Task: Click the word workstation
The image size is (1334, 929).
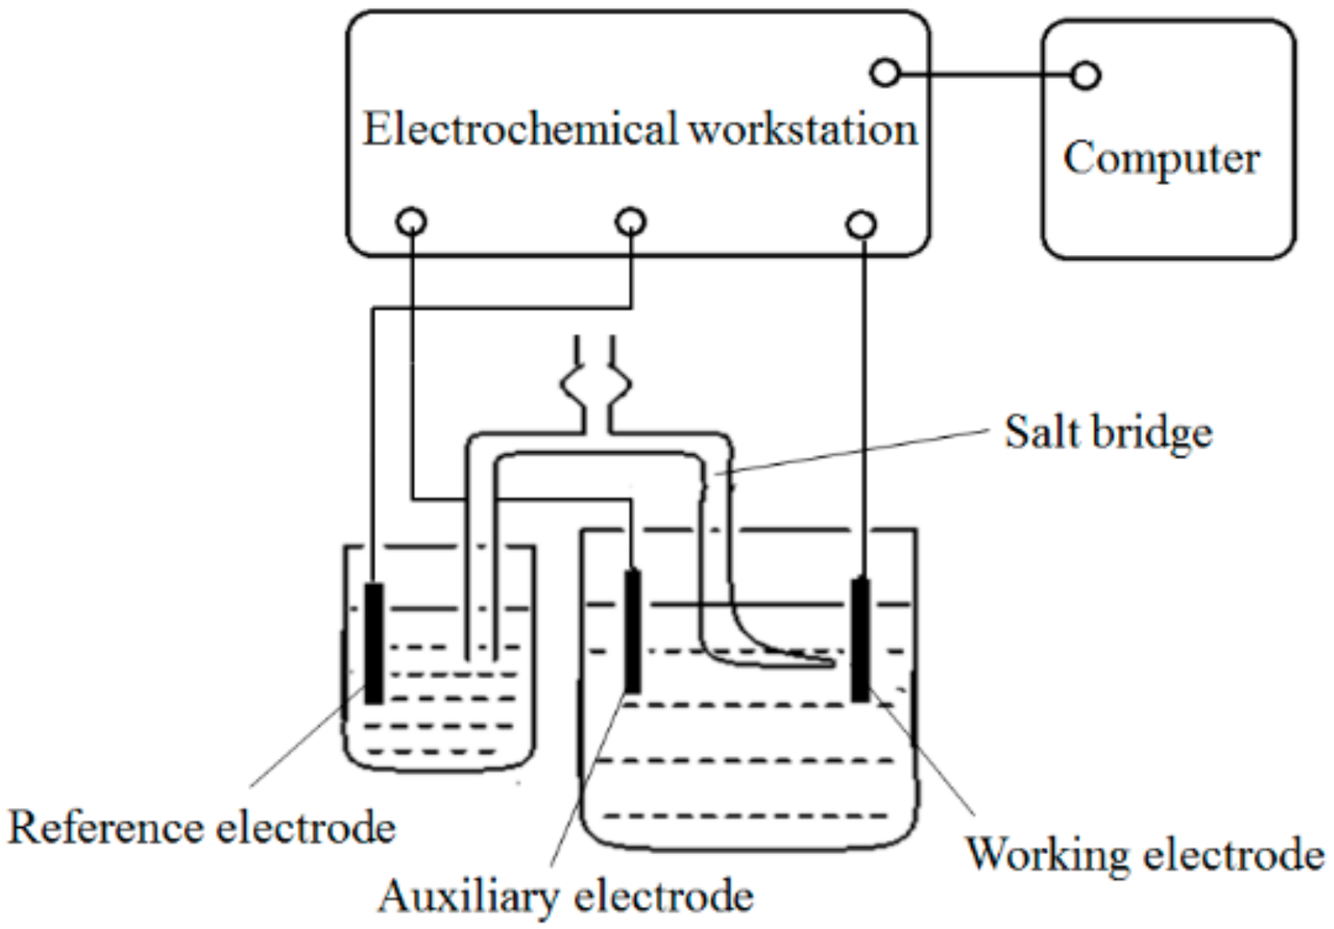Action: coord(802,129)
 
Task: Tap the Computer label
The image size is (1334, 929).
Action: coord(1161,159)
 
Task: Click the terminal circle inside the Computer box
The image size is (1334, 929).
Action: coord(1085,76)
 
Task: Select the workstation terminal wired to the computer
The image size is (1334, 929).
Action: coord(885,73)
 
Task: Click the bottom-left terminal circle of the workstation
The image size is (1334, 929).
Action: coord(411,221)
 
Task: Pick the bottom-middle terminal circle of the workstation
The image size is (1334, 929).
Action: coord(630,221)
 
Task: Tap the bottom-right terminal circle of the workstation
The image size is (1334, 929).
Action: coord(861,225)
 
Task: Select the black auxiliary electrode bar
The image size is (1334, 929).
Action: coord(632,631)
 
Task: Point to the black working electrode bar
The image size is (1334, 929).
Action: coord(861,639)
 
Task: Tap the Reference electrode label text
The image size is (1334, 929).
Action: coord(202,828)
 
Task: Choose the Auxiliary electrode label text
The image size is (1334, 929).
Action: coord(566,896)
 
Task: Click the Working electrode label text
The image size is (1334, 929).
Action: coord(1145,855)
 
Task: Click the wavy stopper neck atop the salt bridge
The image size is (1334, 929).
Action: coord(595,386)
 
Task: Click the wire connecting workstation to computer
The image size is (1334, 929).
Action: coord(985,75)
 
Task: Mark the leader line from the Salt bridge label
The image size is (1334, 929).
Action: coord(861,451)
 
